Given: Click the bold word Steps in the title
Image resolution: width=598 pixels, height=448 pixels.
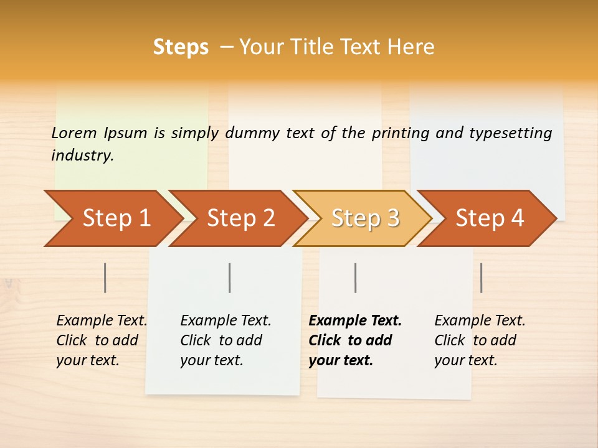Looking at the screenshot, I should point(181,47).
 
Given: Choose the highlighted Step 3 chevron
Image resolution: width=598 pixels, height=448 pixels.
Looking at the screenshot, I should point(365,218).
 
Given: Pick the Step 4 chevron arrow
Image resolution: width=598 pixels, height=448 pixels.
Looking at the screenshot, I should point(490,218).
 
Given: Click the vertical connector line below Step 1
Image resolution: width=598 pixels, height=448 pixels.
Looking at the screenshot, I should point(105,278).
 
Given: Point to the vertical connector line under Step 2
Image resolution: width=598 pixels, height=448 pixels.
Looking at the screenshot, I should point(230,278).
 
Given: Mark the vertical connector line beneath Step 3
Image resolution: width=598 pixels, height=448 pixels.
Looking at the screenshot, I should point(355,278).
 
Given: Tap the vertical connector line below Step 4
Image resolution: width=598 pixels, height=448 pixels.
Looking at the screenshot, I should point(482,278).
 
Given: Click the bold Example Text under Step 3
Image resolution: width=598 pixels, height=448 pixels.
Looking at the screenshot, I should point(355,340).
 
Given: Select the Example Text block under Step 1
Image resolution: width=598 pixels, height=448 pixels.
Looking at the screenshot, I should point(102,340).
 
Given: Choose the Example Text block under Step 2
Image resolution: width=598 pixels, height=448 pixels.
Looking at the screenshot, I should point(225,340).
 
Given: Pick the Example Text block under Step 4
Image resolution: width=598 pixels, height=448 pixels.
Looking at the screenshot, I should point(480,340).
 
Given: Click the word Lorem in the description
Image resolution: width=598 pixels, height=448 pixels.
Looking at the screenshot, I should point(74,133).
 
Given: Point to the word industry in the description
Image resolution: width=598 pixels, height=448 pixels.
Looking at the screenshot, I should point(82,156).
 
